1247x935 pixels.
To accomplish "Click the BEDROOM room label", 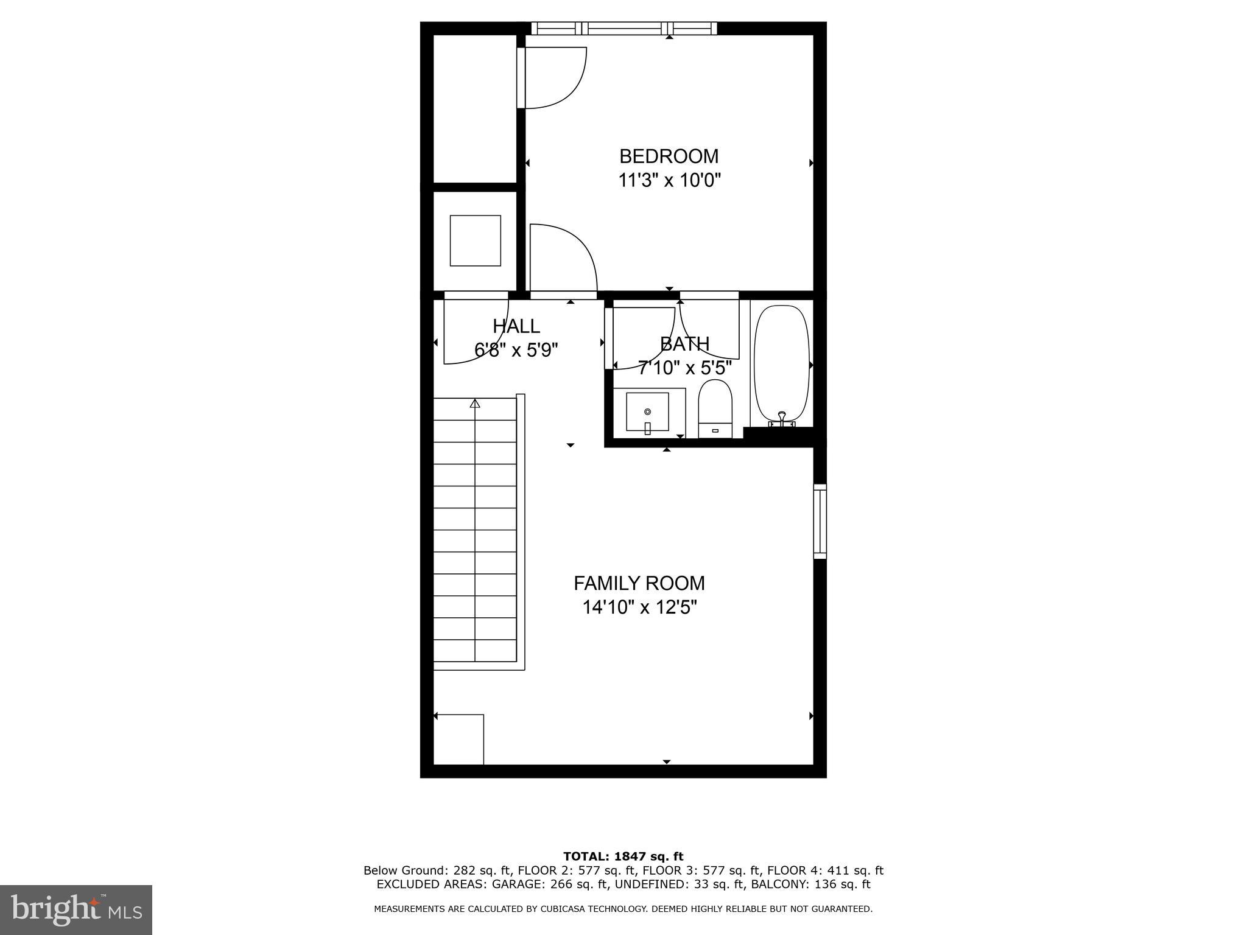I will tap(669, 156).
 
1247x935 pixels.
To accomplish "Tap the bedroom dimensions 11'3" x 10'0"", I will tap(669, 181).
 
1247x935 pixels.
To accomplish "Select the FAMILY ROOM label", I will tap(639, 583).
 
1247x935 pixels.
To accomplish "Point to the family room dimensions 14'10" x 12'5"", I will tap(639, 608).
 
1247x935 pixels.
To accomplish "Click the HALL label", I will tap(516, 326).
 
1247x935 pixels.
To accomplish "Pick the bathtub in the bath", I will tap(782, 362).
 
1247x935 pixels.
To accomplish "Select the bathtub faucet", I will tap(782, 418).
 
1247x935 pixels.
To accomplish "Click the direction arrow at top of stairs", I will tap(475, 403).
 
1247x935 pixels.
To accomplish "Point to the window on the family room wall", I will tap(820, 521).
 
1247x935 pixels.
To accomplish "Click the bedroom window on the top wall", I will tap(623, 28).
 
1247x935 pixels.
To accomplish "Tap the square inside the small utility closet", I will tap(475, 240).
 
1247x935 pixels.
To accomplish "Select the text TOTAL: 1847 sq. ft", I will tap(623, 856).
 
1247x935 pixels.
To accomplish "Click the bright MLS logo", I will tap(76, 909).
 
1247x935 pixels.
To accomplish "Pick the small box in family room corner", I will tap(458, 739).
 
